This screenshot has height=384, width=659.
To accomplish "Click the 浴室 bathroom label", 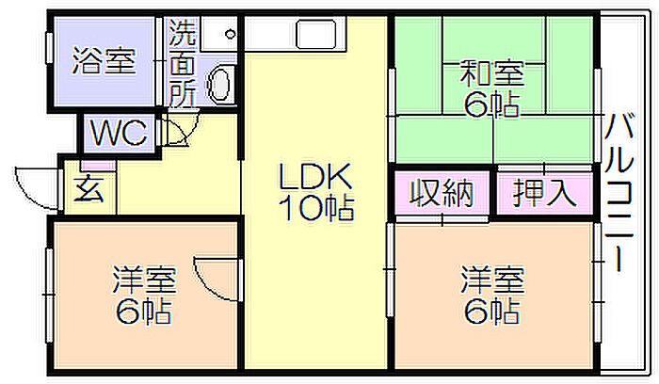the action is point(104,61).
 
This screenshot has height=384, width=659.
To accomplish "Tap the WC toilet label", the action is point(119,133).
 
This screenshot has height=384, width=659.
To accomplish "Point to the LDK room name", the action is point(315,176).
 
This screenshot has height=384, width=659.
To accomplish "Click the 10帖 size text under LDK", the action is point(316,208).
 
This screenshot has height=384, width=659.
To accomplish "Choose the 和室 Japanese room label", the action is point(492,73).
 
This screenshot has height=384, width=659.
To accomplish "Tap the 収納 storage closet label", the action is point(442,193).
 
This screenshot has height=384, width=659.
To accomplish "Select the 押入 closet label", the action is point(545,193).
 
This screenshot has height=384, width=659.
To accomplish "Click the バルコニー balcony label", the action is point(619,192).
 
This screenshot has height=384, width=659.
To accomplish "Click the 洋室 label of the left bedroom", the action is point(144,280).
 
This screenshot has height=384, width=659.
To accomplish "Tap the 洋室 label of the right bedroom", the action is point(492,280).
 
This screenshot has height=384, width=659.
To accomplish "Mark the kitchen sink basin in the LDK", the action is point(316,35).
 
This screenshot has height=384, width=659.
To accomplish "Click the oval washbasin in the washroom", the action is point(219,84).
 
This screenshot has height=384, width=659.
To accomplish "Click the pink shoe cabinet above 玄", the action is point(98,165).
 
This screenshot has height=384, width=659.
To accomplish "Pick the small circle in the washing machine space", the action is point(231,34).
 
